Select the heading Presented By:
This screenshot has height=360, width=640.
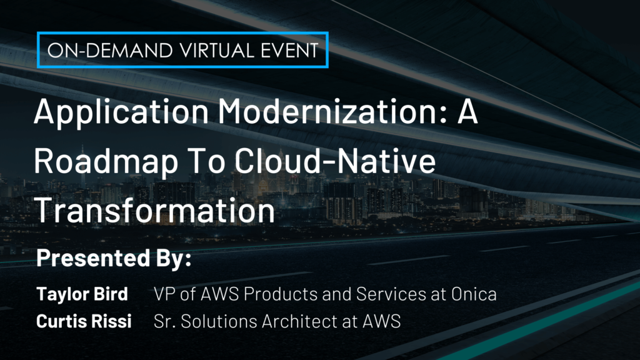coord(113,259)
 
